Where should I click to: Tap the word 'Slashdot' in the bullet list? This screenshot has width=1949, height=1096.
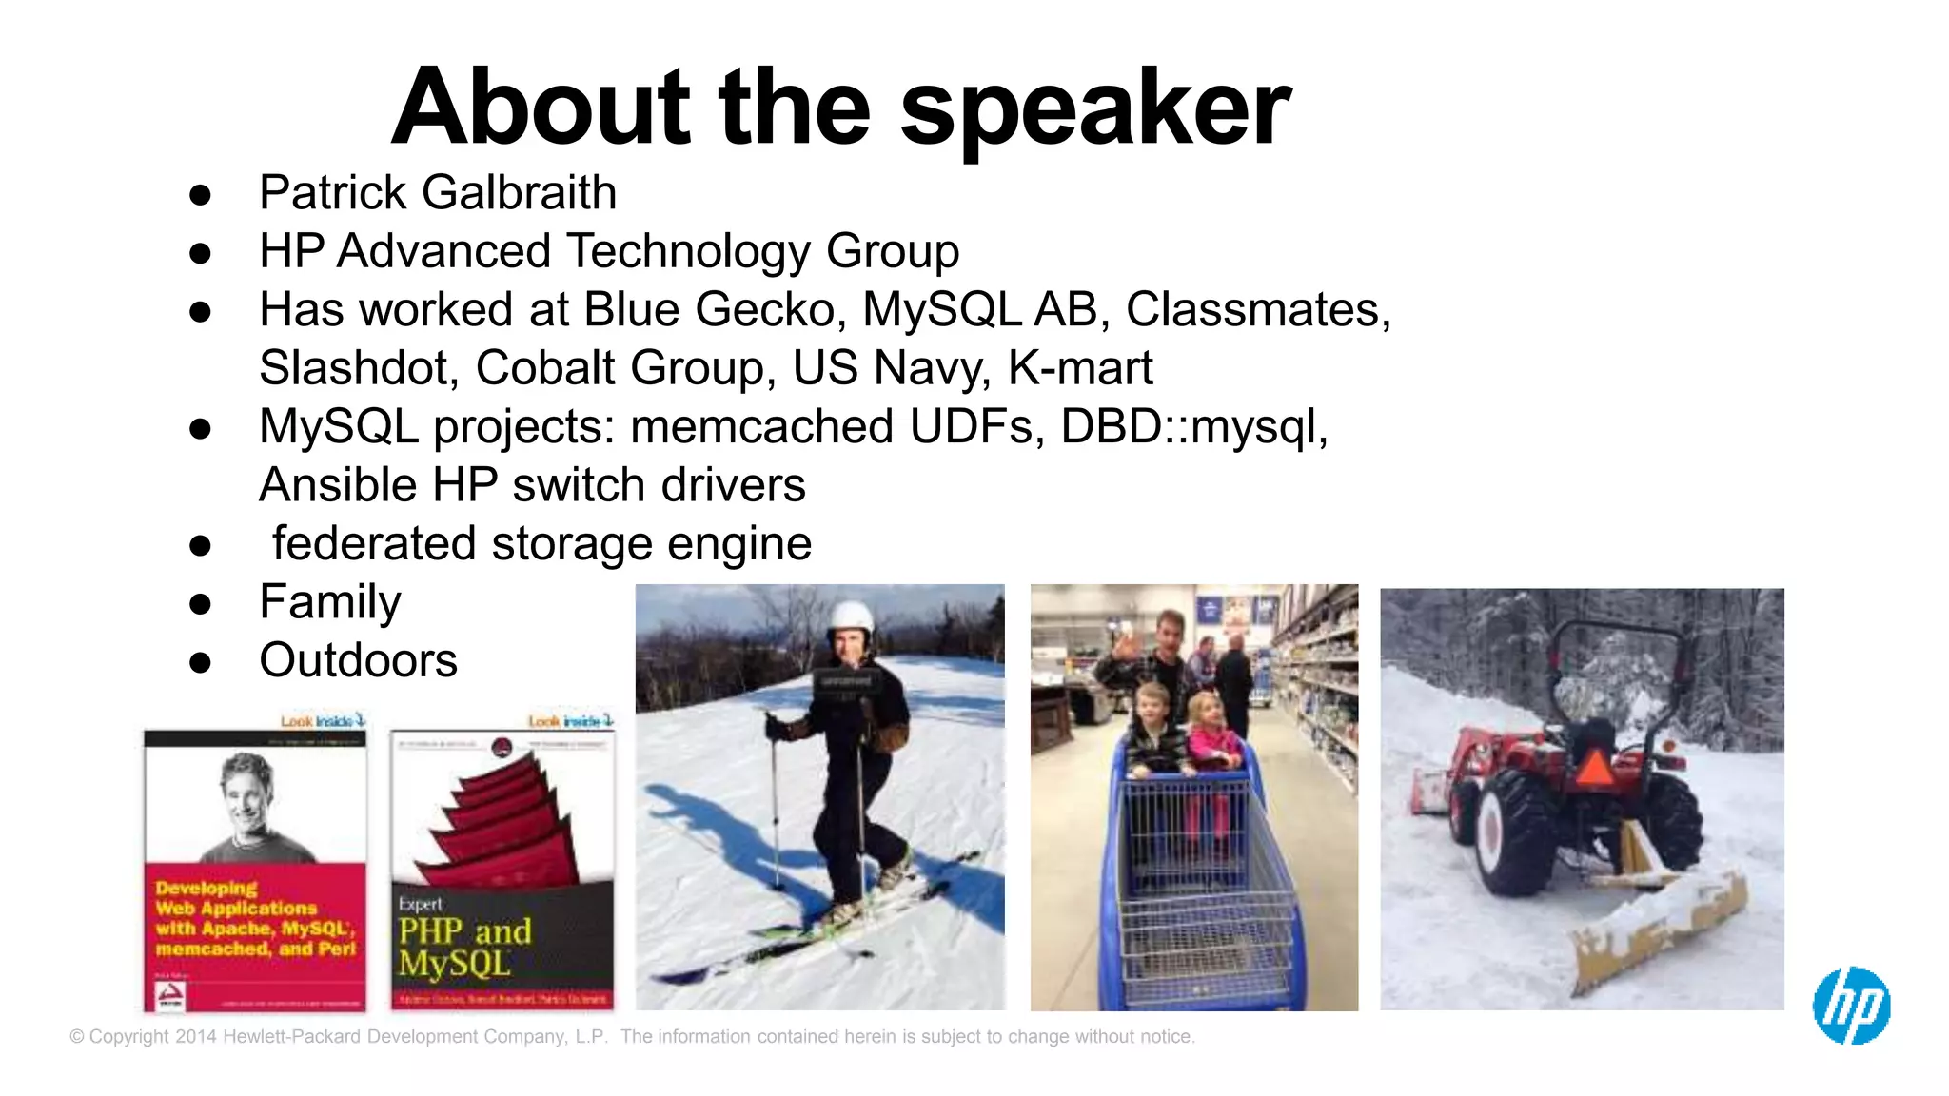point(358,368)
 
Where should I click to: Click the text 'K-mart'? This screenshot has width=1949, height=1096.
point(1080,368)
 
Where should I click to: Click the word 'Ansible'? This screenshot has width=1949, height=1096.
point(338,485)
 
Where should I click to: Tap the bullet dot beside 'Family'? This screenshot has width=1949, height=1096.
point(200,604)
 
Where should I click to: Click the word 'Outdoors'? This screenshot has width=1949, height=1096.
point(358,661)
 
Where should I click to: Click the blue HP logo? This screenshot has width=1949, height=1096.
point(1851,1006)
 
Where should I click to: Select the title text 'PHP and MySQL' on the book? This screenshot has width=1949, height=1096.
point(464,947)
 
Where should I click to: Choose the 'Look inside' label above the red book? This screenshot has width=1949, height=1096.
point(323,721)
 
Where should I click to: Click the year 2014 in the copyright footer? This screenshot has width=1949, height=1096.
point(196,1037)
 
